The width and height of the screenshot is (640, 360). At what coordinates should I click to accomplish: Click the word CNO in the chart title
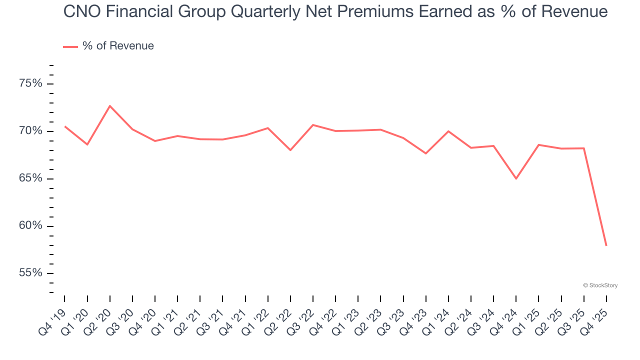[x=81, y=11]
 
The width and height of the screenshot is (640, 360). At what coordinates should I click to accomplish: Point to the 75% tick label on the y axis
[x=30, y=83]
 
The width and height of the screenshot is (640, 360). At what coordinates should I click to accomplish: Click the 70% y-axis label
[x=30, y=131]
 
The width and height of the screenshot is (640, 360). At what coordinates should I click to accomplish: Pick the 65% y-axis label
[x=30, y=178]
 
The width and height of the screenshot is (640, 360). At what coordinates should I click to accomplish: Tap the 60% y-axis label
[x=30, y=226]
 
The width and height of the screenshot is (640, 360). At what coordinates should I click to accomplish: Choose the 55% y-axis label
[x=30, y=273]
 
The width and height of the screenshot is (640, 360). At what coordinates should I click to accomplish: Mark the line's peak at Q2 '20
[x=110, y=106]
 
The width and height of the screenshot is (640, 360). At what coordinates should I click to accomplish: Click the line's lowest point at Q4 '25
[x=606, y=245]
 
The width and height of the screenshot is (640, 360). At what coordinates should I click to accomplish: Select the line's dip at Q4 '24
[x=516, y=178]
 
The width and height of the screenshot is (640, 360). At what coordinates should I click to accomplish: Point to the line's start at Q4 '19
[x=65, y=126]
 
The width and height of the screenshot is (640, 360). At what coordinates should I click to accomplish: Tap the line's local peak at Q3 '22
[x=313, y=125]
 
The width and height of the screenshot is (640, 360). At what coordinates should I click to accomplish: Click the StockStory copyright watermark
[x=600, y=285]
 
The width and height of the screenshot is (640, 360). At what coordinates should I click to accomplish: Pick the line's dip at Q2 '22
[x=290, y=150]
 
